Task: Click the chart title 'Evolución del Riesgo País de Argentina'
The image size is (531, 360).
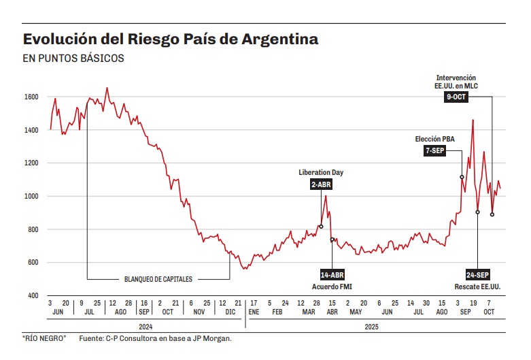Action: [170, 39]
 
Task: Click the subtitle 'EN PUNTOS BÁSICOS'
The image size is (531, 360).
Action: [73, 59]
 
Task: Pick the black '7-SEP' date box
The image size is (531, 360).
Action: [434, 151]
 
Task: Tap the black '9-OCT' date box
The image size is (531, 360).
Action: [456, 97]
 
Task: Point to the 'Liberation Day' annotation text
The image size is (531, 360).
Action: [320, 173]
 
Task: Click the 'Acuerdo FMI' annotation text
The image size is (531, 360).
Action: [332, 286]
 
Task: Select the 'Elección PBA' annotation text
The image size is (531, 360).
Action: [434, 140]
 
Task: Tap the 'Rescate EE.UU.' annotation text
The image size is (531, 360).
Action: [477, 286]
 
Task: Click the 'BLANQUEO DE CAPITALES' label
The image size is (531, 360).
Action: [158, 279]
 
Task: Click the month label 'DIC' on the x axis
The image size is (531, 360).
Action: [230, 312]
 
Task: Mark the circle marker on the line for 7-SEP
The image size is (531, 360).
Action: [462, 177]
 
